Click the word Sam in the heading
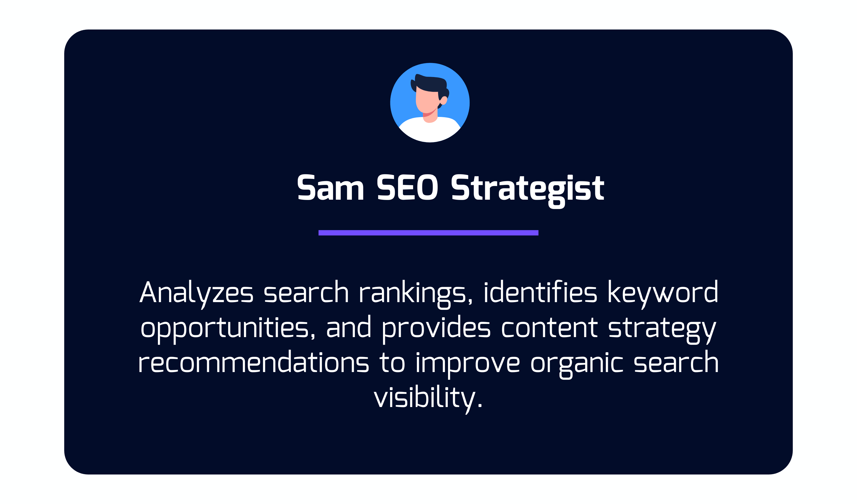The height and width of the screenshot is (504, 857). pos(331,187)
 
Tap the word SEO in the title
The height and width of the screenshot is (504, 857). pos(407,187)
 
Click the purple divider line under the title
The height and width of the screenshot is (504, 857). pos(428,233)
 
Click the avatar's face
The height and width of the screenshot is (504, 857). pos(426,101)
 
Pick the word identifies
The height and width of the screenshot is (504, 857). pos(540,291)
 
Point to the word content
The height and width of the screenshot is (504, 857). pos(549,328)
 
